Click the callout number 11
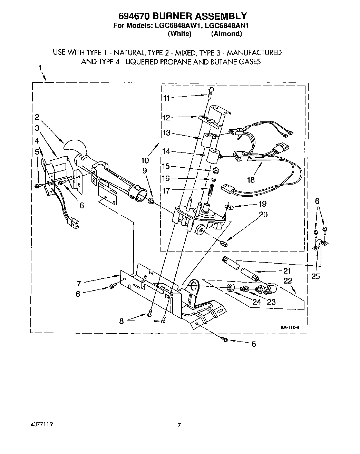click(x=166, y=98)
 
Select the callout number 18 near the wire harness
click(x=251, y=180)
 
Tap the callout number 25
click(x=315, y=276)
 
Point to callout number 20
click(x=263, y=215)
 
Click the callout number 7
click(x=79, y=284)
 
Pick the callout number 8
click(x=121, y=321)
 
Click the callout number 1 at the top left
click(x=40, y=68)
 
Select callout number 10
click(x=145, y=160)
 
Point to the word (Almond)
click(x=226, y=33)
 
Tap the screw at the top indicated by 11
click(x=210, y=90)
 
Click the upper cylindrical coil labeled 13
click(x=208, y=140)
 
